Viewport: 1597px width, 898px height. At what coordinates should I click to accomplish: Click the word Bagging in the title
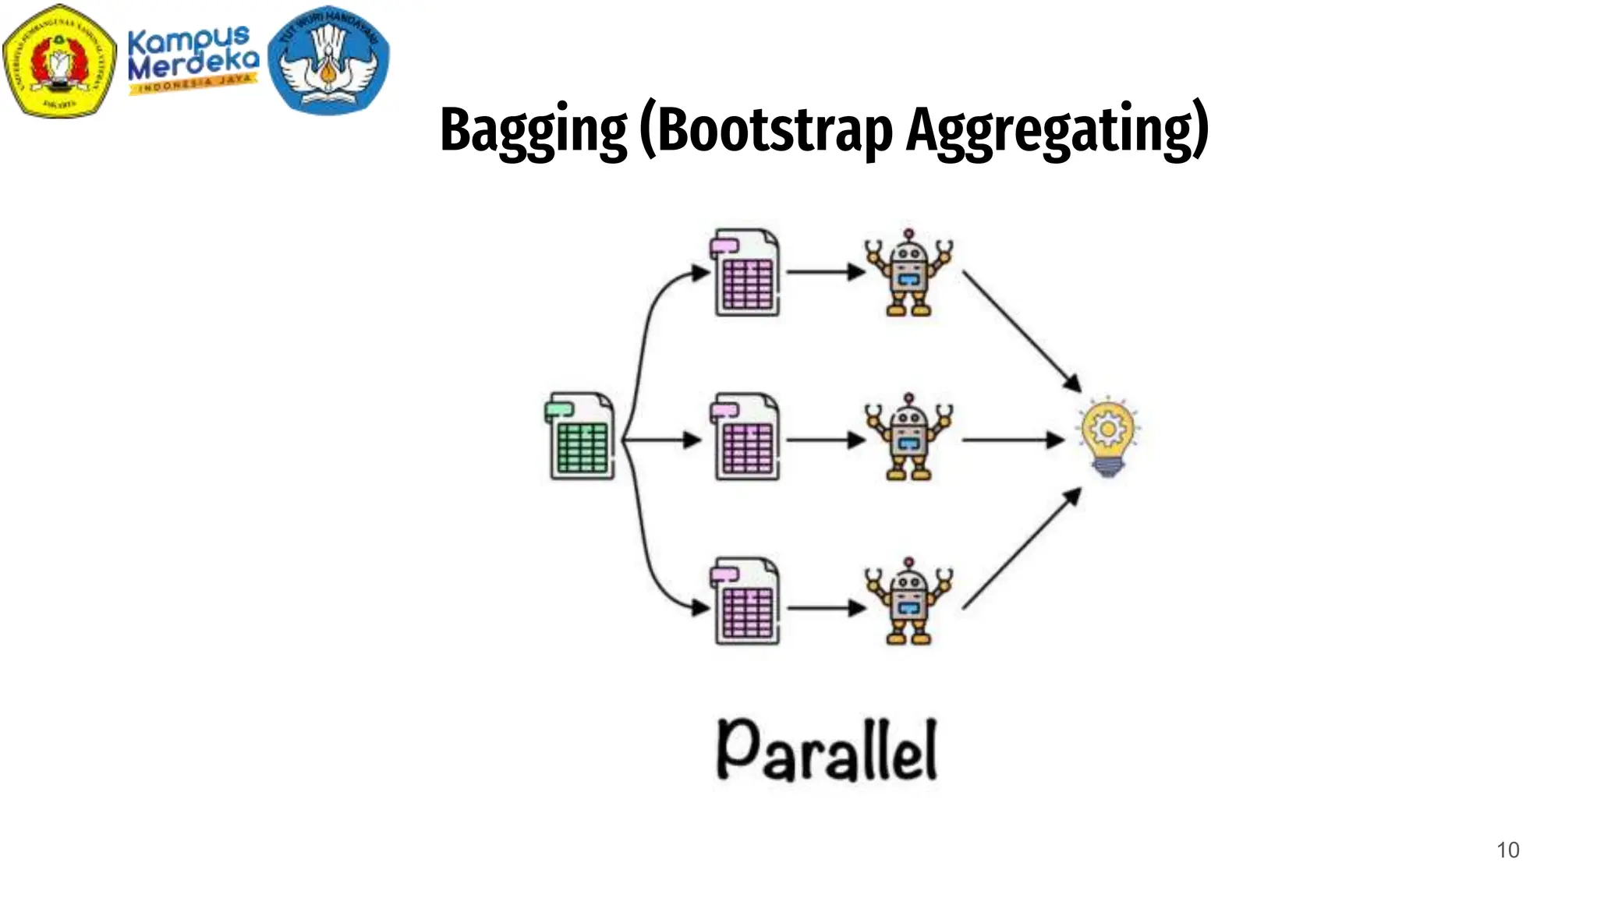pyautogui.click(x=533, y=130)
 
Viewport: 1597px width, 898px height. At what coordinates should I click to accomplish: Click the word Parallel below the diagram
pyautogui.click(x=827, y=750)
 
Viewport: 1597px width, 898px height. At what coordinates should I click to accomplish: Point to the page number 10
pyautogui.click(x=1507, y=850)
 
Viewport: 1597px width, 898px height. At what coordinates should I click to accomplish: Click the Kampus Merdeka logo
pyautogui.click(x=193, y=61)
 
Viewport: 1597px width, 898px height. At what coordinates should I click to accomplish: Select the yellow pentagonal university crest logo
pyautogui.click(x=59, y=61)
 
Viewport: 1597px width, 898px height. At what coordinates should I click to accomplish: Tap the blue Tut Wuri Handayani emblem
pyautogui.click(x=328, y=59)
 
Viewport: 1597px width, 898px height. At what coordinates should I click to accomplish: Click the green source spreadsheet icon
pyautogui.click(x=580, y=436)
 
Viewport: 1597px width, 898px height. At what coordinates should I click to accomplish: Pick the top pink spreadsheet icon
pyautogui.click(x=745, y=272)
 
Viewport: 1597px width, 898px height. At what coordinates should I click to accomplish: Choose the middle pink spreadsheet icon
pyautogui.click(x=745, y=437)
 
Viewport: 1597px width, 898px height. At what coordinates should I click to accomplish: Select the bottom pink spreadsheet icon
pyautogui.click(x=745, y=601)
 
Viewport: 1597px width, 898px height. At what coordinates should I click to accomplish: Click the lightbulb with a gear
pyautogui.click(x=1108, y=436)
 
